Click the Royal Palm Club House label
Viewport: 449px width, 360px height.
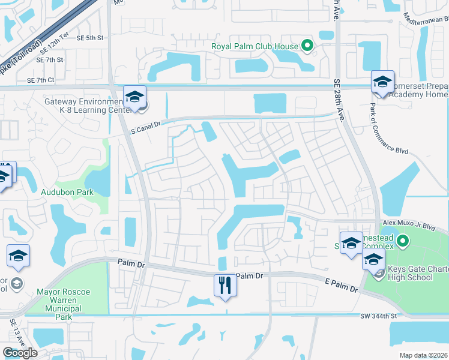pyautogui.click(x=255, y=46)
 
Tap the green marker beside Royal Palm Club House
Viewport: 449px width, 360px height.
pyautogui.click(x=307, y=46)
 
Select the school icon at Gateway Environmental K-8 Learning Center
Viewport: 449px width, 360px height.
pyautogui.click(x=135, y=97)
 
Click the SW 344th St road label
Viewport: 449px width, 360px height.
pyautogui.click(x=379, y=316)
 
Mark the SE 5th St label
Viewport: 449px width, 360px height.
pyautogui.click(x=90, y=38)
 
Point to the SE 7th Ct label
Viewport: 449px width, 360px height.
pyautogui.click(x=40, y=80)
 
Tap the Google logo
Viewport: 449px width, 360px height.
pyautogui.click(x=20, y=353)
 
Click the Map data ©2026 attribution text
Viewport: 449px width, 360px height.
pyautogui.click(x=424, y=355)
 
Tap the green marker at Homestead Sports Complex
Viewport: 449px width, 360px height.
pyautogui.click(x=403, y=242)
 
